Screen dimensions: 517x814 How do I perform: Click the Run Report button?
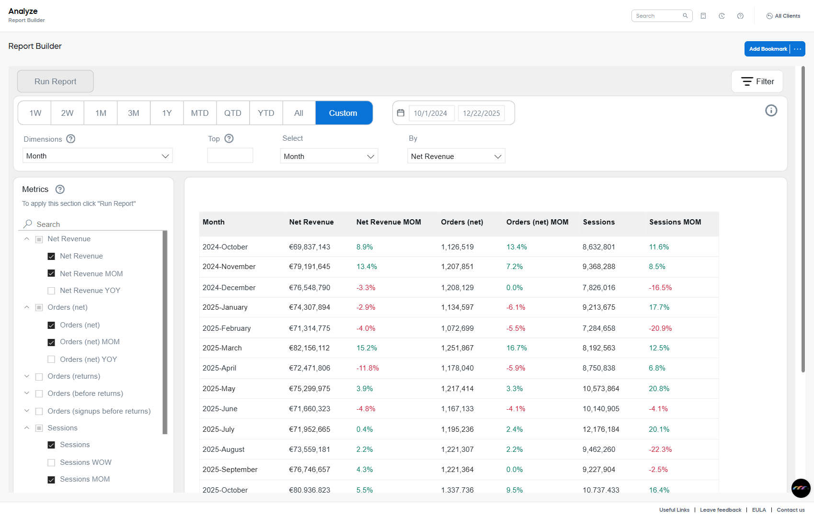coord(55,81)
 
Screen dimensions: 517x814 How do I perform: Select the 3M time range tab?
coord(133,113)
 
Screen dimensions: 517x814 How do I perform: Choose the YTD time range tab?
coord(266,113)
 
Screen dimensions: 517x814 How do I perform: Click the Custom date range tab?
coord(343,113)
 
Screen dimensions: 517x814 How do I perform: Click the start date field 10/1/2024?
coord(430,113)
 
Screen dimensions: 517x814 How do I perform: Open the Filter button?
coord(757,81)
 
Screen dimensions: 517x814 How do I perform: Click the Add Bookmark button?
coord(768,49)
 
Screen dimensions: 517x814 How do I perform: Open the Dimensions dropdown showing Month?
coord(97,156)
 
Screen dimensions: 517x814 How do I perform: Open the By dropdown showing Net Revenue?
coord(456,157)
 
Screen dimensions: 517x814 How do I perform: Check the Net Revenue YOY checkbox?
coord(51,291)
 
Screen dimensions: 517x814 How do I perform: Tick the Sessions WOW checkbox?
coord(51,462)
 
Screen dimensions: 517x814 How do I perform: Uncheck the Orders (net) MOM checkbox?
coord(51,342)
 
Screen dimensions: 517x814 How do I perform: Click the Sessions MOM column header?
coord(675,222)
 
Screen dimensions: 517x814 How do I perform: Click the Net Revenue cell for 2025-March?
coord(309,348)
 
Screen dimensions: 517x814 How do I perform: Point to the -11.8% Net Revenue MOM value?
coord(367,368)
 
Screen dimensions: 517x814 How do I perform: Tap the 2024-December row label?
coord(229,288)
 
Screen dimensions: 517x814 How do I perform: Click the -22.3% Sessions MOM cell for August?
coord(660,450)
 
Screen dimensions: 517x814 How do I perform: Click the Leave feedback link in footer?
coord(720,510)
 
